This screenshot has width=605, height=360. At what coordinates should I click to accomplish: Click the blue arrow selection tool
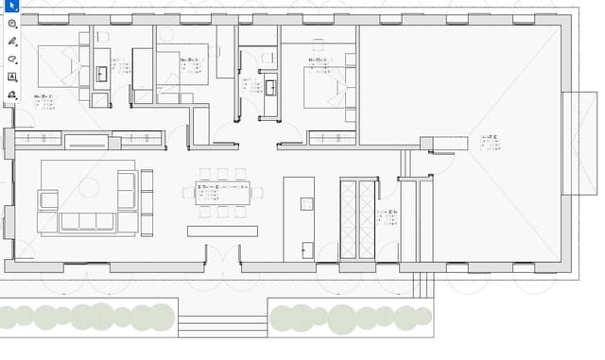point(11,7)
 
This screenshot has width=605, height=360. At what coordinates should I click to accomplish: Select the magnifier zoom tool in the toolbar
point(12,24)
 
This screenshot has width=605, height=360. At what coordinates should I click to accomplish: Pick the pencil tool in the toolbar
point(12,42)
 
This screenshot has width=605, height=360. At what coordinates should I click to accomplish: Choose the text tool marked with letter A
point(12,77)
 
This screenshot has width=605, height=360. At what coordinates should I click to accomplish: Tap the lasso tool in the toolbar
point(12,59)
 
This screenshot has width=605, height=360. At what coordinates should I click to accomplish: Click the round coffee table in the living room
point(89,187)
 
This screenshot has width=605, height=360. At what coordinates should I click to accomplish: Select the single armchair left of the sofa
point(47,199)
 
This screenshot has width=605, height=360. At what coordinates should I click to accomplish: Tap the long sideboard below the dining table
point(222,231)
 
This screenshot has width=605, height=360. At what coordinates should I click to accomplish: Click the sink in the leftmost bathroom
point(101,74)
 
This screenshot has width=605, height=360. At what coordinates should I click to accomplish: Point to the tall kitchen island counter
point(299,218)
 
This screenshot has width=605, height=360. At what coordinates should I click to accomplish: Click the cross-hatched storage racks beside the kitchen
point(357,218)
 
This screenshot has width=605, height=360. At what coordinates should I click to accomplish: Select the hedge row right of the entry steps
point(350,317)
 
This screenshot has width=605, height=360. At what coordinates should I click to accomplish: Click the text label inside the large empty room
point(489,142)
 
